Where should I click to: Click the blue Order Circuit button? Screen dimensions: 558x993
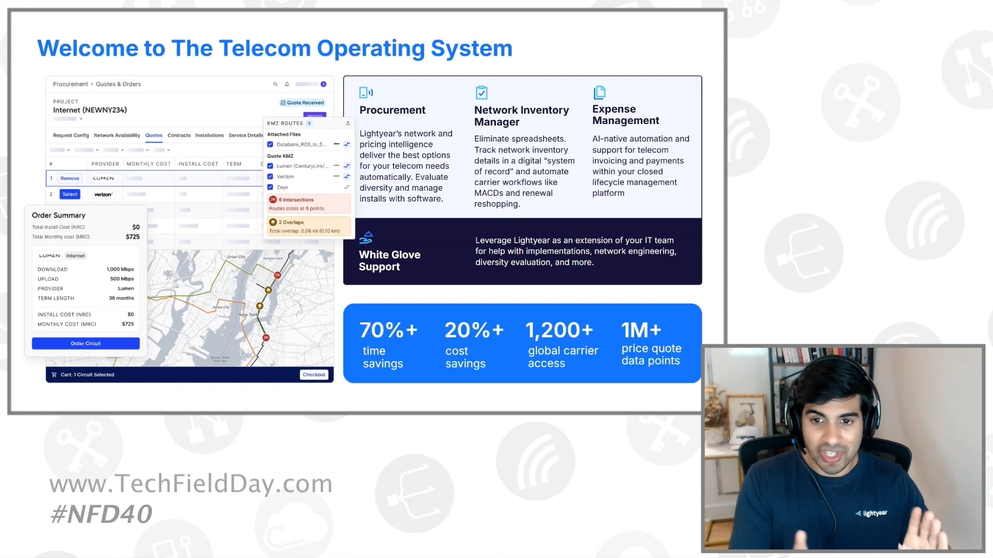pos(85,344)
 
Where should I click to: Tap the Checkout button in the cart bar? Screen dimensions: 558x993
pos(314,375)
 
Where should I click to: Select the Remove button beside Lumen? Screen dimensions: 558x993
pos(70,178)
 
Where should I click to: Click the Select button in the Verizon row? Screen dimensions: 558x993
pos(70,194)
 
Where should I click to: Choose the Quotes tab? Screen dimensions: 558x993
pos(154,135)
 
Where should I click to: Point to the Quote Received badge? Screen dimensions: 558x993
pos(303,103)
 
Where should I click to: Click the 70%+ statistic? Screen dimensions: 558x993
pos(388,330)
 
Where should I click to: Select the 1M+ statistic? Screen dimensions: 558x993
pos(641,330)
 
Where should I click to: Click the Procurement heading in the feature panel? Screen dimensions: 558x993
pos(393,110)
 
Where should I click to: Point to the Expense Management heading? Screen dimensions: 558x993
pos(626,115)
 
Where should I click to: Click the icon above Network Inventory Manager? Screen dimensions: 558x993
pos(482,92)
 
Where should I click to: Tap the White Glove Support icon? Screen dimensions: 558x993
pos(366,238)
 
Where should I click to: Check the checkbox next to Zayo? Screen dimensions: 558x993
pos(270,187)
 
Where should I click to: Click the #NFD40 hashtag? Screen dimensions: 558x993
pos(101,514)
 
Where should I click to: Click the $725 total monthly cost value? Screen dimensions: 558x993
pos(132,237)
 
